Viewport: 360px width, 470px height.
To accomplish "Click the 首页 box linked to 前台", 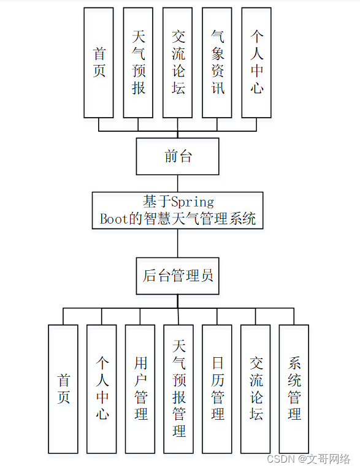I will pyautogui.click(x=99, y=63).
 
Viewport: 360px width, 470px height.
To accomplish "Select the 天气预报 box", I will pyautogui.click(x=138, y=63).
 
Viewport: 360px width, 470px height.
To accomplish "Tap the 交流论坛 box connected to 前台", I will pyautogui.click(x=177, y=63).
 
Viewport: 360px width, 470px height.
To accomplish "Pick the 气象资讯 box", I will pyautogui.click(x=217, y=63).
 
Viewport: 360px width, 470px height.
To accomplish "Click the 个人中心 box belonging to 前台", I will pyautogui.click(x=256, y=63).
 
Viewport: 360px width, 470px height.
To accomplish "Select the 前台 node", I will pyautogui.click(x=177, y=156).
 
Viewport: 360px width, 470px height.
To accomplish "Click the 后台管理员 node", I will pyautogui.click(x=177, y=276).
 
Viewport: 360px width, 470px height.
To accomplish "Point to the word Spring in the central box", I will pyautogui.click(x=192, y=202).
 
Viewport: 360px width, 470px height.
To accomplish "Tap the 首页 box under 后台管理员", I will pyautogui.click(x=63, y=389).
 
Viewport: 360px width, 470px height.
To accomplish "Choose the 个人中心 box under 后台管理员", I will pyautogui.click(x=102, y=389).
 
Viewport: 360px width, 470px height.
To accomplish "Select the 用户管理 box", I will pyautogui.click(x=140, y=389).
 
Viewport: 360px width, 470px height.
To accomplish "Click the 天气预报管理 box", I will pyautogui.click(x=178, y=389).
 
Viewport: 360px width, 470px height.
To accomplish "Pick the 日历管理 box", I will pyautogui.click(x=217, y=389).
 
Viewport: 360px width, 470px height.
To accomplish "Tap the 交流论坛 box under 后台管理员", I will pyautogui.click(x=256, y=389).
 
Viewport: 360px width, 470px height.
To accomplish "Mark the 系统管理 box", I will pyautogui.click(x=294, y=389).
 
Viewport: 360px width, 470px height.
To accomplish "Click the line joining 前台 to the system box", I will pyautogui.click(x=178, y=183).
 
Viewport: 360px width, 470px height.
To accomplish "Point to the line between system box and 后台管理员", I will pyautogui.click(x=178, y=243).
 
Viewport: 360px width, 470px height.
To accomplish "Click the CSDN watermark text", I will pyautogui.click(x=282, y=458).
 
